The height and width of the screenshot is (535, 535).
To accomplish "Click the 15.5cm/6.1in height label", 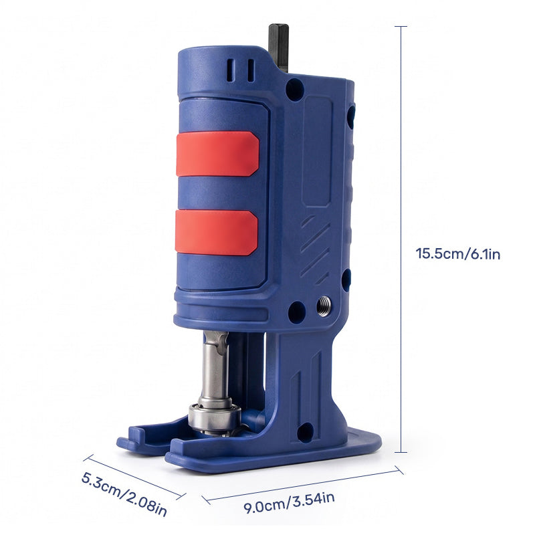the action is coord(457,254).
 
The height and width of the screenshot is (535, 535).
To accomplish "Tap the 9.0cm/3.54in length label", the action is coord(289,503).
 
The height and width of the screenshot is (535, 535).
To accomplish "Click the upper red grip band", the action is coord(217,154).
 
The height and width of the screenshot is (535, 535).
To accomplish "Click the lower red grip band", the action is coord(216,233).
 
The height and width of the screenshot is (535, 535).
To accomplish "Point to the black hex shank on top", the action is coord(278,47).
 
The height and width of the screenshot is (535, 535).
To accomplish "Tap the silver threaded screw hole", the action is coord(324,306).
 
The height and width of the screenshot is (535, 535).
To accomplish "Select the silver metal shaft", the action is coord(215,368).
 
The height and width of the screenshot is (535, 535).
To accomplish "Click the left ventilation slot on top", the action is coord(231,70).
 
